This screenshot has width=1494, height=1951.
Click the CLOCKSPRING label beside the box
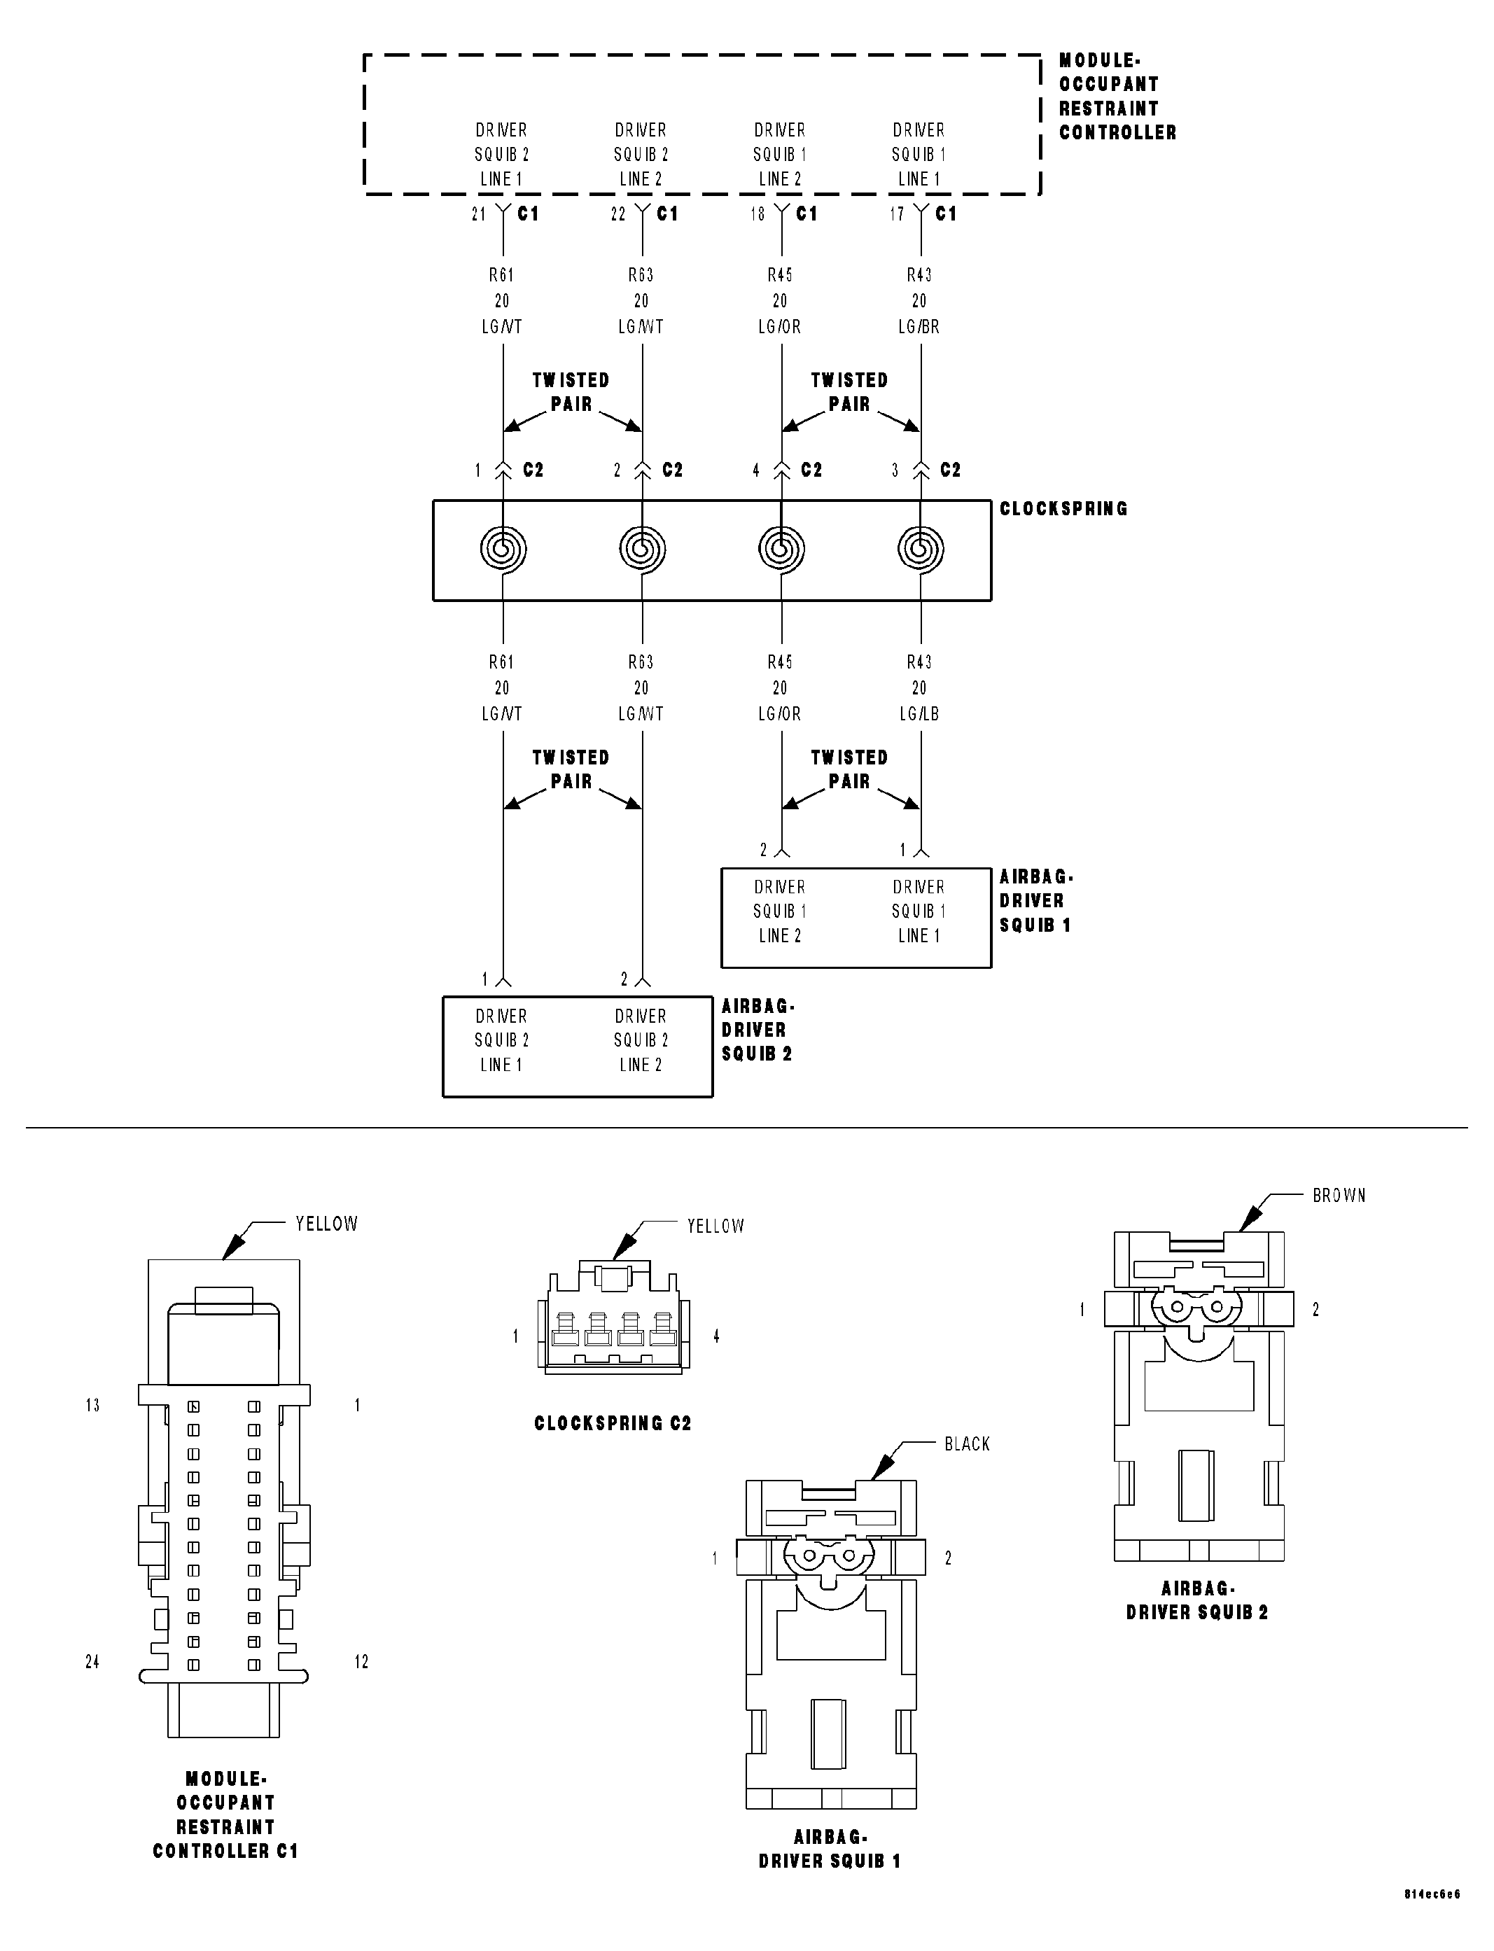1063,509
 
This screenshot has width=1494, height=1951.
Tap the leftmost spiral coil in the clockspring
503,549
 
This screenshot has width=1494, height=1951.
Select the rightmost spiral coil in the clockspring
921,549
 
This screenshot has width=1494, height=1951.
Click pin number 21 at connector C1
478,214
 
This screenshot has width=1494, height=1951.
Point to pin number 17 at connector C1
896,214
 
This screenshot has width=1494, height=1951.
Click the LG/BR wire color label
919,327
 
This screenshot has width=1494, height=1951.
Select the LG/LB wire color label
919,714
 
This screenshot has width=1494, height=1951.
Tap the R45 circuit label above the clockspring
780,276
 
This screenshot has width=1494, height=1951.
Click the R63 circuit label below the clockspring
641,662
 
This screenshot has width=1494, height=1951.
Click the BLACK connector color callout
967,1444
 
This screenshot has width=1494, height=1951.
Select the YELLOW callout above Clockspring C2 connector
715,1226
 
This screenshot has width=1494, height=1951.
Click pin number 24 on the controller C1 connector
92,1661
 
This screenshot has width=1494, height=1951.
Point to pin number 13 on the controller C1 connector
92,1405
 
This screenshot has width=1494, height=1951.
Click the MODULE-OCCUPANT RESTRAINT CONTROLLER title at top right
1117,97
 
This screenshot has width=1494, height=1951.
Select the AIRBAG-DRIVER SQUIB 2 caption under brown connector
1197,1600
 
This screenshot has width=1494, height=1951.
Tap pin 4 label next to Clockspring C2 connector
716,1336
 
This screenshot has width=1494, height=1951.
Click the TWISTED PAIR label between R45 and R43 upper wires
849,392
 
